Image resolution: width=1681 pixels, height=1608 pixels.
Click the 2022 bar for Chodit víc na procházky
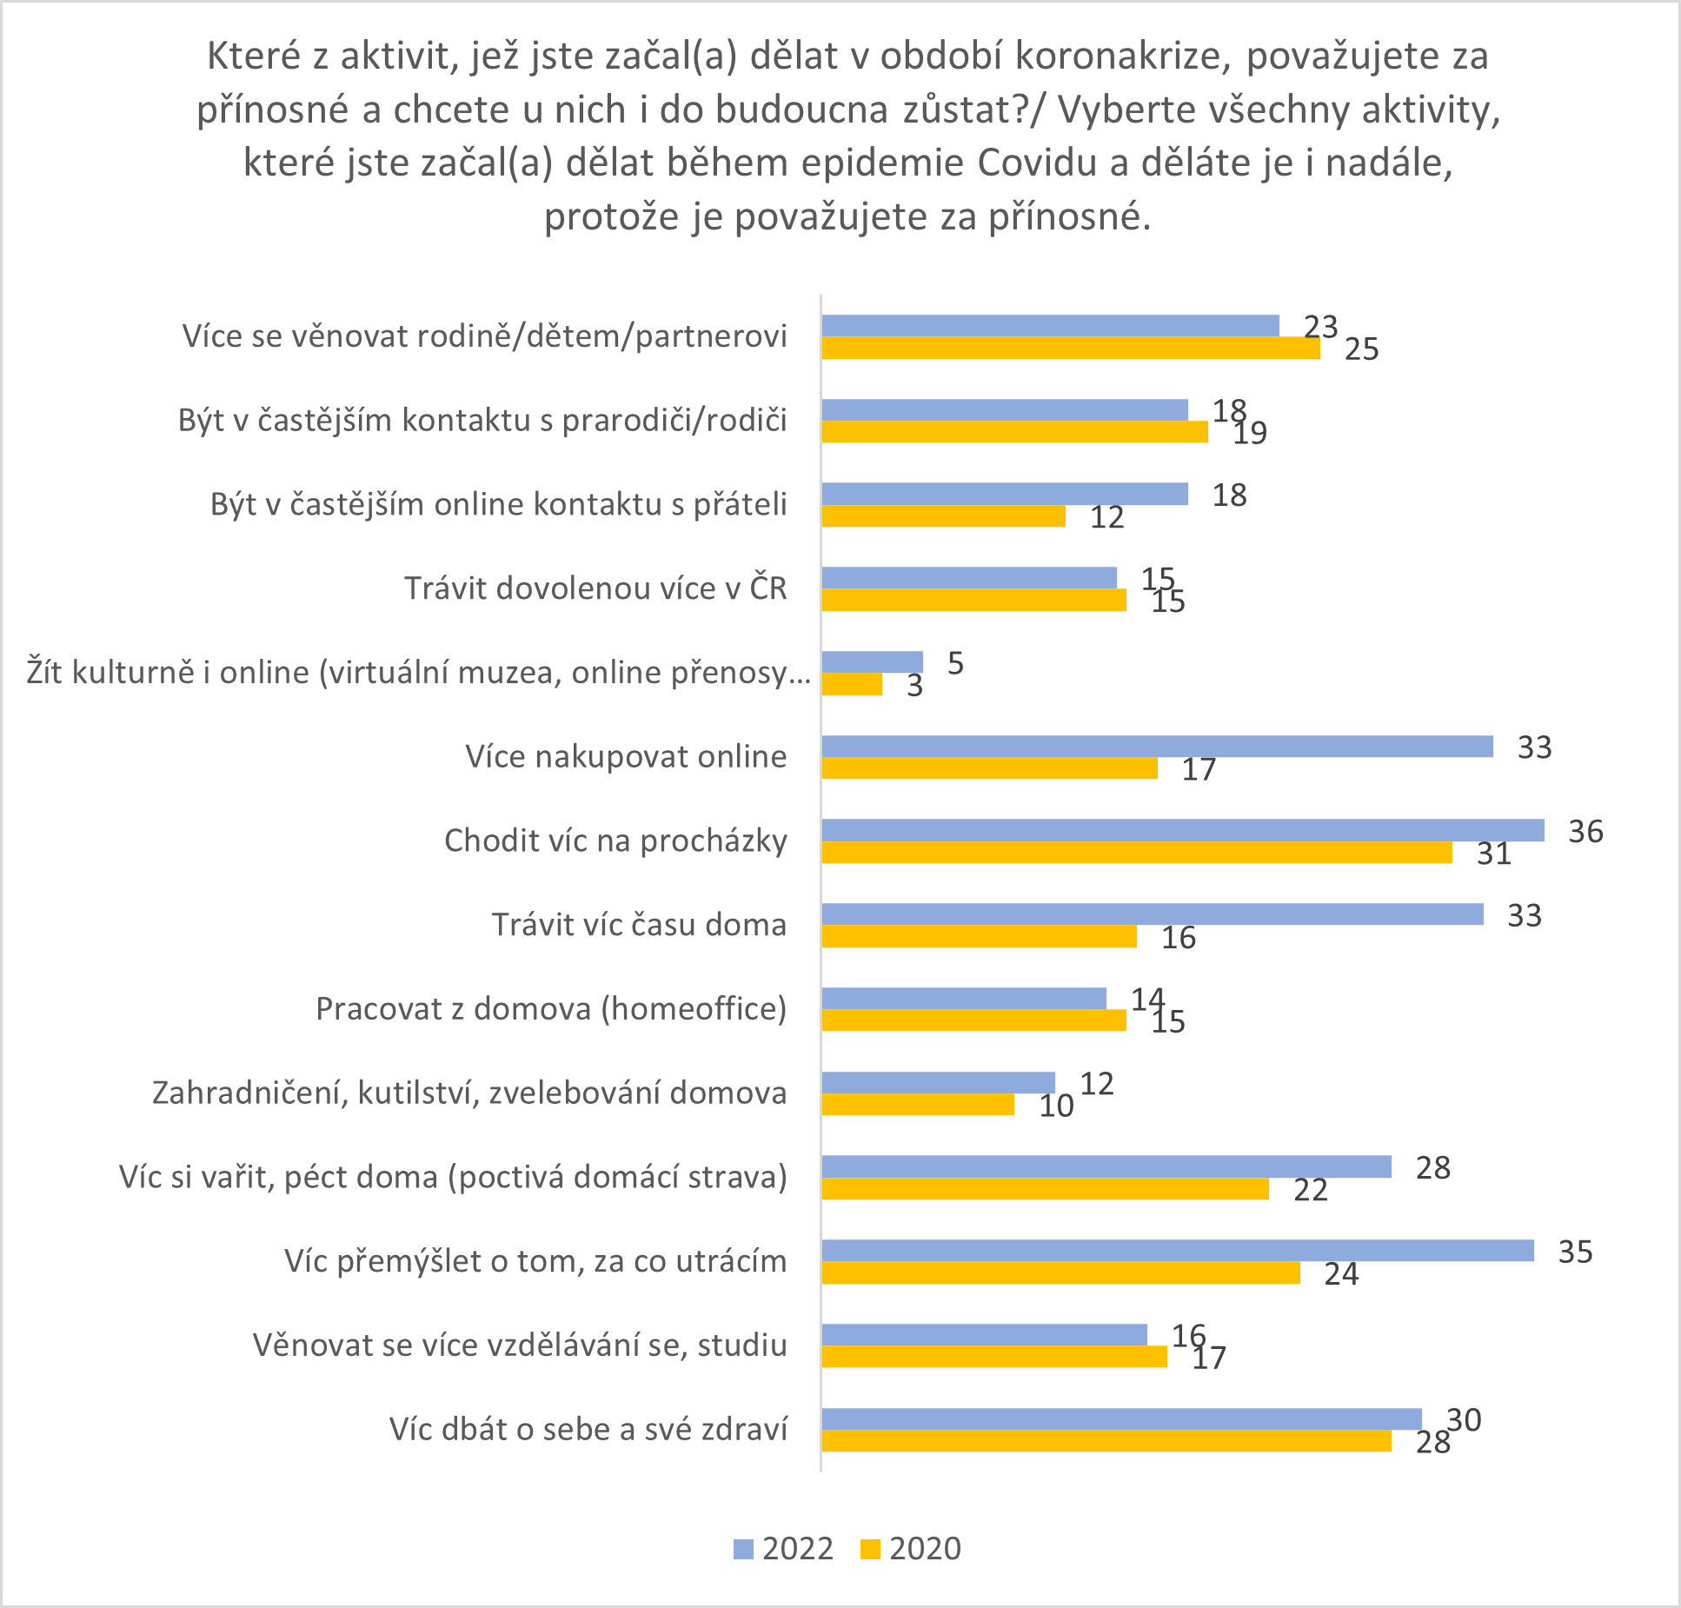[1182, 830]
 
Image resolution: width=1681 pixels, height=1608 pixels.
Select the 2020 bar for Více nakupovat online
[989, 768]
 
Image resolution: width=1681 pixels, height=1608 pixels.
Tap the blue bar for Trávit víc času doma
[1152, 914]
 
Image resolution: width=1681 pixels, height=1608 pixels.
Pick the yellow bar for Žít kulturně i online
[852, 685]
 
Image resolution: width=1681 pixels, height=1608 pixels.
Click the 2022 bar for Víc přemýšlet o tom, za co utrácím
[1177, 1251]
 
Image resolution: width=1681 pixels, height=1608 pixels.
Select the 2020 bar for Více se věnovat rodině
[1070, 349]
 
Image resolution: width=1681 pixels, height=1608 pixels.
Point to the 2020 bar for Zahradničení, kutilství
[918, 1105]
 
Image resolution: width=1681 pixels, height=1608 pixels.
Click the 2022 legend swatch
[743, 1549]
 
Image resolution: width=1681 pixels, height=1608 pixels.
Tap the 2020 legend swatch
[870, 1549]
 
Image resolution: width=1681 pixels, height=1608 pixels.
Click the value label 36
[1585, 832]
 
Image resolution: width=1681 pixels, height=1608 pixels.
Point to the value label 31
[1494, 854]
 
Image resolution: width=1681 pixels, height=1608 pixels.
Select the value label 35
[1575, 1253]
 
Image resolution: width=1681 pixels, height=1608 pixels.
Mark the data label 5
[955, 664]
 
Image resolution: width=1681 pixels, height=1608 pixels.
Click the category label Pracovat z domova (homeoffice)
[551, 1009]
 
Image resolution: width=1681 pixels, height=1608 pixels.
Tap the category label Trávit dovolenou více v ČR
[595, 588]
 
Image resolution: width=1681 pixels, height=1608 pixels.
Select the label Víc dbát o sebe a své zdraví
[588, 1429]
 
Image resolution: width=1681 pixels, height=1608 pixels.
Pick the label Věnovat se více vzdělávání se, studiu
[520, 1345]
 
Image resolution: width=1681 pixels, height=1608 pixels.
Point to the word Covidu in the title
[1037, 163]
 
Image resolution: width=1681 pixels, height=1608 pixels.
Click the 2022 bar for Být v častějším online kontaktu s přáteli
[1004, 494]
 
